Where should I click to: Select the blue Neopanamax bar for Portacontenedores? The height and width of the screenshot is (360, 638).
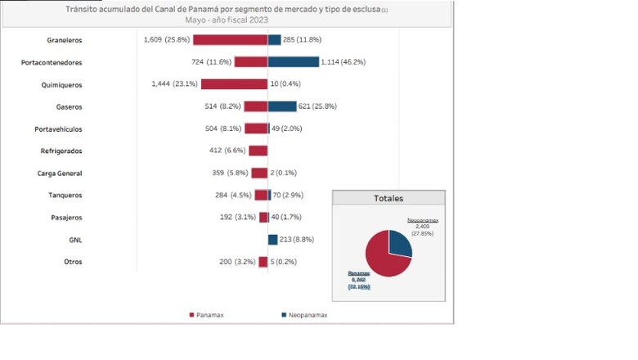(293, 62)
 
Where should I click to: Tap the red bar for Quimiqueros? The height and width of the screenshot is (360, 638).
(234, 84)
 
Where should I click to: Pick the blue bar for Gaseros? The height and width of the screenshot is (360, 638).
(282, 106)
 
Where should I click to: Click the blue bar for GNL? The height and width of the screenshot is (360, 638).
(273, 240)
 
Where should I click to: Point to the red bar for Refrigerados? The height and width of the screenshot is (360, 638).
(258, 151)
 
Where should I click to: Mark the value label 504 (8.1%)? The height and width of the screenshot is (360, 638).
(222, 128)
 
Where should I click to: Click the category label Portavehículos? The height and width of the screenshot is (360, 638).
(58, 129)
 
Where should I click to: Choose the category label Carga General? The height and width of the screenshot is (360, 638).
(60, 173)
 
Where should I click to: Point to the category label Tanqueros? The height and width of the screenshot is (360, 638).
(65, 196)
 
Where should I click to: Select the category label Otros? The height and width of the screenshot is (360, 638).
(72, 262)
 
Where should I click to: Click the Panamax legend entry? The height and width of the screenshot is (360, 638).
(208, 314)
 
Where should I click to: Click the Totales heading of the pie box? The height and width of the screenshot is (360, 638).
(389, 198)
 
